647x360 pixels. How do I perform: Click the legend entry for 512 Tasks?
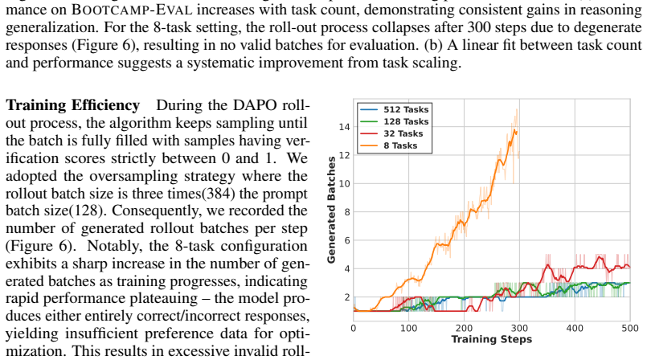(x=394, y=109)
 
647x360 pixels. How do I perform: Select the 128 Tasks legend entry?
(x=394, y=121)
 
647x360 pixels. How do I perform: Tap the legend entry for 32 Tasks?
(x=391, y=133)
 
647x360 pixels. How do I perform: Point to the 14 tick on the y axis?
(x=344, y=127)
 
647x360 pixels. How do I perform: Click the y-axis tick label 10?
(x=344, y=183)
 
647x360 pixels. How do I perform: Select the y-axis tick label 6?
(x=346, y=240)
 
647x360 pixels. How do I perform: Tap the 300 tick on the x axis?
(x=519, y=328)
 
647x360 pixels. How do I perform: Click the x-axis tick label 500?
(x=629, y=328)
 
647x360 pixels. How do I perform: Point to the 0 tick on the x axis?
(x=353, y=328)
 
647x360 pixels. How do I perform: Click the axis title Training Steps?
(x=491, y=339)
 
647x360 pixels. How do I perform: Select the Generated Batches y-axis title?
(x=331, y=210)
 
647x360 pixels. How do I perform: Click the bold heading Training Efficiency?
(x=72, y=105)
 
